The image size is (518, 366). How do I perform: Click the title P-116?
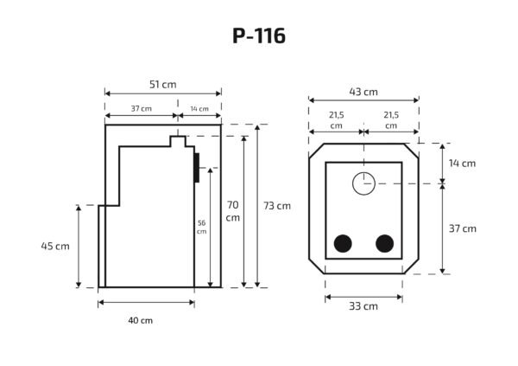[x=258, y=35]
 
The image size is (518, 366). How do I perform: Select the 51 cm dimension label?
[x=162, y=84]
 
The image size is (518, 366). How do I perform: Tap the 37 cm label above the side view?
[x=141, y=108]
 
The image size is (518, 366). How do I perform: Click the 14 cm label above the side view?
[x=199, y=108]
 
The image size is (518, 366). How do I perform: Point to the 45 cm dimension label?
[x=55, y=246]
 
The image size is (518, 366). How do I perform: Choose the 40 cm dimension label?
[x=141, y=320]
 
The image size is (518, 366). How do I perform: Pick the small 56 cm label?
[x=201, y=227]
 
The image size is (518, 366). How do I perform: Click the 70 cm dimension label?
[x=233, y=210]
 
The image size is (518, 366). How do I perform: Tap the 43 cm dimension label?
[x=363, y=92]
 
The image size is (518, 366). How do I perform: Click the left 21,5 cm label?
[x=336, y=119]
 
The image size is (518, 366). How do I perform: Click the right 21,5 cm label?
[x=391, y=119]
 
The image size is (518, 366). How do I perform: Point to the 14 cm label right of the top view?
[x=462, y=163]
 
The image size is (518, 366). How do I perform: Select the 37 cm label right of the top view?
[x=462, y=228]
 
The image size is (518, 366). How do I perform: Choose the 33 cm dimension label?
[x=363, y=306]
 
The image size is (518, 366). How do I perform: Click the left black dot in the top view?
[x=343, y=243]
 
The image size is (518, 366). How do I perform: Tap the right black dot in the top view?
[x=384, y=243]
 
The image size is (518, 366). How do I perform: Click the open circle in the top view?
[x=363, y=183]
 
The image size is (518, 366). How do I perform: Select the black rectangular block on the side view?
[x=197, y=168]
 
